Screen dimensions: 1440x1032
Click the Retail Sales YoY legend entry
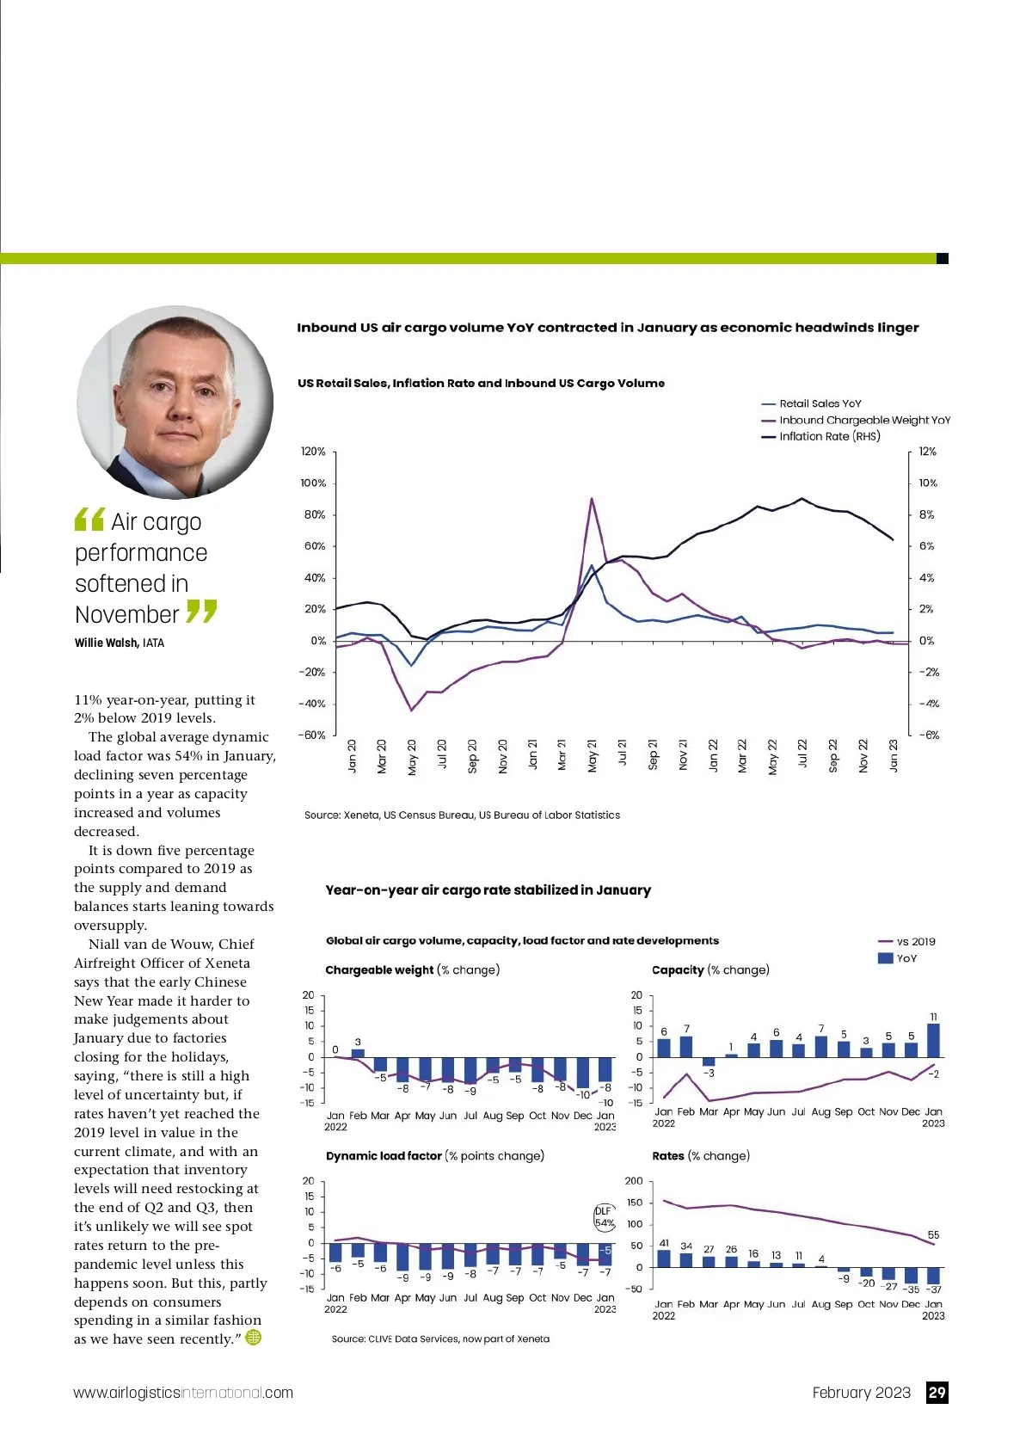click(820, 403)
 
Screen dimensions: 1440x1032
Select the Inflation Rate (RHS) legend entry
click(829, 436)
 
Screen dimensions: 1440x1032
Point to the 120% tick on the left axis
click(313, 452)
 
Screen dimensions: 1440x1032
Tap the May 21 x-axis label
click(593, 756)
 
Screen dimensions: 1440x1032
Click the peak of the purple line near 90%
click(592, 498)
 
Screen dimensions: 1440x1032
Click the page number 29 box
click(937, 1393)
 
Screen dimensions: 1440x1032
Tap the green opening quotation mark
click(89, 520)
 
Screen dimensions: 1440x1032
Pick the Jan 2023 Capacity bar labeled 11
click(933, 1040)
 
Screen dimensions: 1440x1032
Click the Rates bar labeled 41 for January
click(664, 1258)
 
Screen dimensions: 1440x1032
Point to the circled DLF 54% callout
click(604, 1217)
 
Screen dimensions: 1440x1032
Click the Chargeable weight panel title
click(379, 969)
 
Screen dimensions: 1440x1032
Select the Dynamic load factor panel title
click(384, 1155)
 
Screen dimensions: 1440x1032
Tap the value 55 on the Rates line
click(933, 1235)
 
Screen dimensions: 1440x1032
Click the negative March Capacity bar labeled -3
click(709, 1062)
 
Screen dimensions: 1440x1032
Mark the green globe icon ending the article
click(254, 1338)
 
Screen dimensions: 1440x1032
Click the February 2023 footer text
click(861, 1393)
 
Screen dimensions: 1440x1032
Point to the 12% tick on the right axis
click(927, 452)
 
